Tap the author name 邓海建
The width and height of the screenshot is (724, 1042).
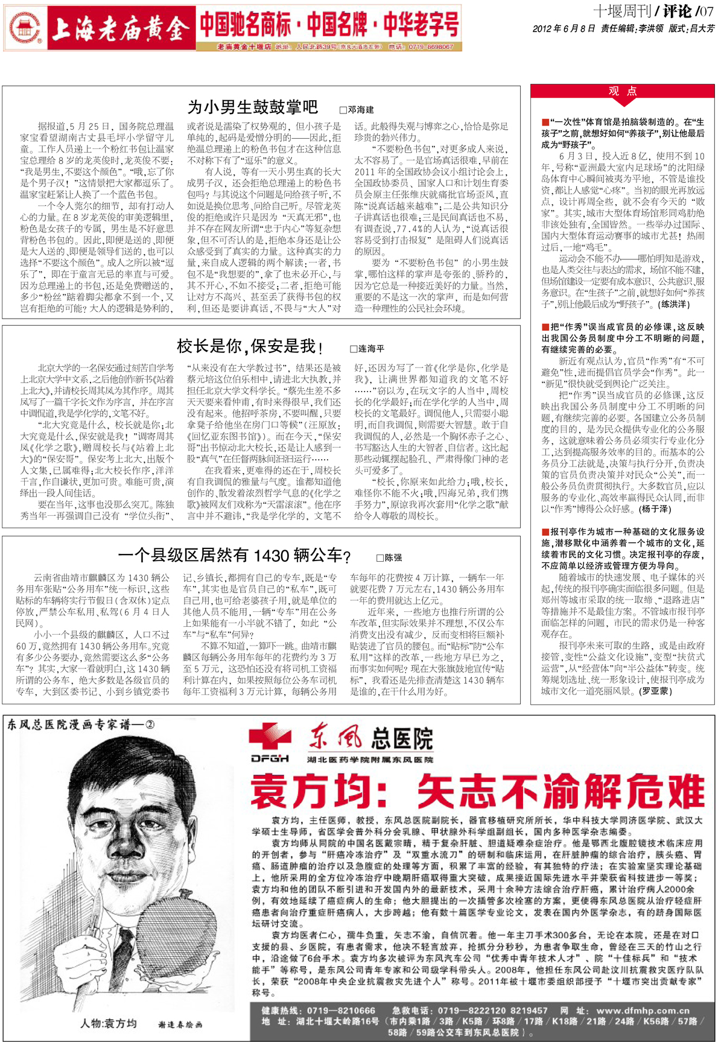click(x=357, y=110)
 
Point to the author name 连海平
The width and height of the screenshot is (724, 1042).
click(x=367, y=349)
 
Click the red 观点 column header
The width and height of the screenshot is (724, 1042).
click(x=623, y=91)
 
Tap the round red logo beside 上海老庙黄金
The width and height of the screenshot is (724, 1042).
click(x=25, y=28)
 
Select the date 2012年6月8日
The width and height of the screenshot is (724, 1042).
click(x=564, y=28)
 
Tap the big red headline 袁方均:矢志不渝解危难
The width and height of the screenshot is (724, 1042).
click(x=477, y=792)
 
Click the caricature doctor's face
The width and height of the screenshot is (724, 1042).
click(x=121, y=802)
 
